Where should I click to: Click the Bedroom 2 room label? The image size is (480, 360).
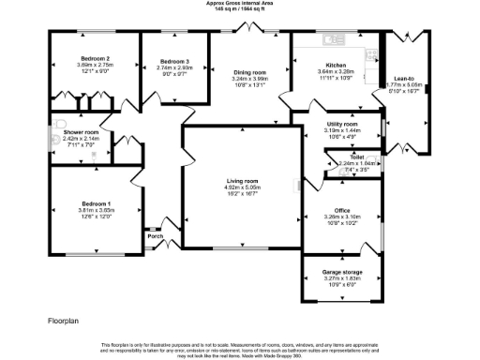tap(96, 58)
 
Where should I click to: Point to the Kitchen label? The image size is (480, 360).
tap(335, 65)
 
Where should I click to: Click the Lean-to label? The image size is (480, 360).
tap(406, 79)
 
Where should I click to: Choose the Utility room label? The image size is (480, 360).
tap(341, 124)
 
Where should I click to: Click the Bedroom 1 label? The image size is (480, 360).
tap(96, 204)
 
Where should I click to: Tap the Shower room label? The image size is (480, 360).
tap(82, 133)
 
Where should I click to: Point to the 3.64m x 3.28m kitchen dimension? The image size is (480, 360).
tap(335, 71)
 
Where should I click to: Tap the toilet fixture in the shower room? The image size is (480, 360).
tap(58, 125)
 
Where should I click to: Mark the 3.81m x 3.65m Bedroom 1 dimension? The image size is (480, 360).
tap(96, 211)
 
